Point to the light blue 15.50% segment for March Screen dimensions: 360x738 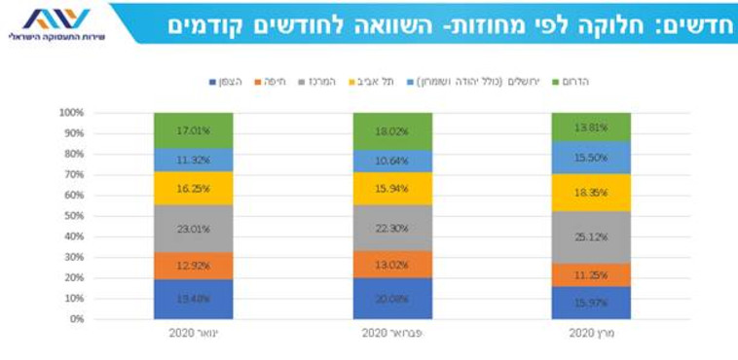coord(591,158)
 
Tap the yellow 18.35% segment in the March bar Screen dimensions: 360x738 coord(591,193)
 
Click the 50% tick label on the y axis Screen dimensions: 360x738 coord(74,216)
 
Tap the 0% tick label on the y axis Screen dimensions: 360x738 coord(77,319)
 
